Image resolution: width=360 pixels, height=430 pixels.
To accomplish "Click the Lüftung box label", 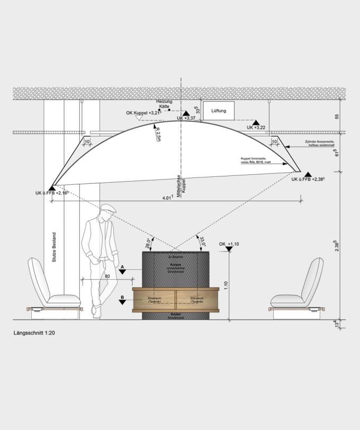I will (219, 111).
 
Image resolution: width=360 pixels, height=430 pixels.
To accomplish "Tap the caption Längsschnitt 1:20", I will (34, 334).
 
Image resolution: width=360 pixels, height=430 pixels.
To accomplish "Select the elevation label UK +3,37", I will (186, 119).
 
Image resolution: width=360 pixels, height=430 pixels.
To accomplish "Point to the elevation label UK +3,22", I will (256, 128).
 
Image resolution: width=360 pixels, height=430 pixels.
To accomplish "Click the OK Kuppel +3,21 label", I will (142, 113).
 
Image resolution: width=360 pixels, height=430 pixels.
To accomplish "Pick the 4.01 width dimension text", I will (167, 198).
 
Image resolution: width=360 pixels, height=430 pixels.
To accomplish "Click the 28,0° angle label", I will (149, 241).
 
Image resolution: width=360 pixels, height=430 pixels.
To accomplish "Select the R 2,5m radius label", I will (158, 135).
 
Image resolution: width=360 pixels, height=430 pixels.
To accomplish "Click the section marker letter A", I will (122, 266).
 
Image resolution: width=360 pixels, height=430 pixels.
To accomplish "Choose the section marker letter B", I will (122, 298).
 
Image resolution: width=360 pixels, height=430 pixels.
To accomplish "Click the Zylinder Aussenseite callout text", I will (321, 143).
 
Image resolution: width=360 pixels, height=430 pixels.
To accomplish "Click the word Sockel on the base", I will (176, 314).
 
